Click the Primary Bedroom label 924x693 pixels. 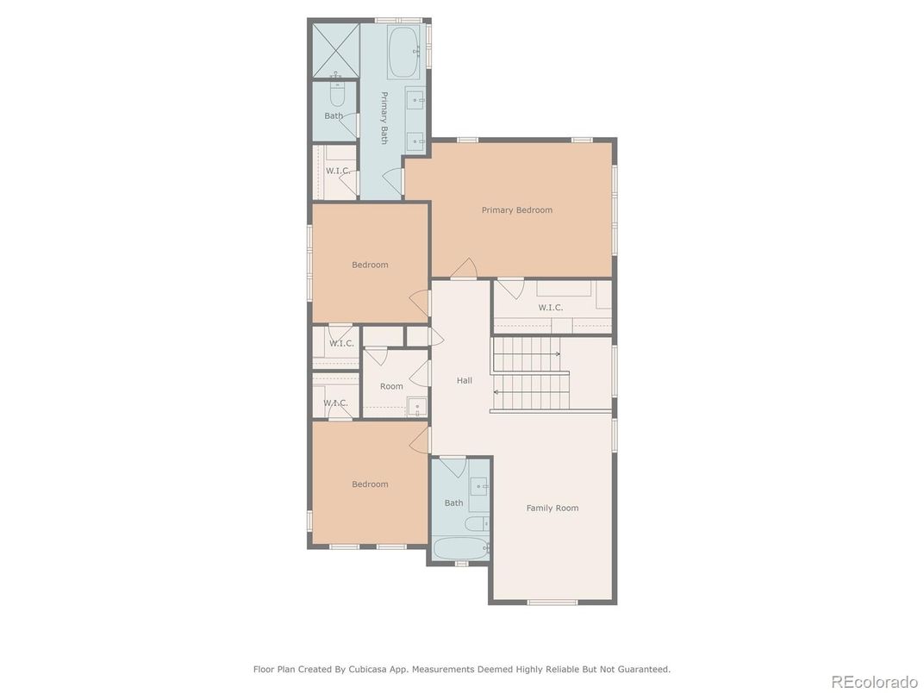(x=517, y=209)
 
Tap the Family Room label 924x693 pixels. (x=553, y=508)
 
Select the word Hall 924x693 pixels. (x=465, y=381)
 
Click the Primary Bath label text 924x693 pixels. (x=384, y=118)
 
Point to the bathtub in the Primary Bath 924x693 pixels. (x=403, y=52)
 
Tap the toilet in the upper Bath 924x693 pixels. (x=336, y=93)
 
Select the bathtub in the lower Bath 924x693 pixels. (x=461, y=548)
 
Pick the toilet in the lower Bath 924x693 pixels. (x=477, y=523)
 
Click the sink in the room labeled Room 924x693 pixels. (x=417, y=407)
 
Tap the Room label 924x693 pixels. (x=391, y=386)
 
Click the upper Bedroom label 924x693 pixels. (x=370, y=265)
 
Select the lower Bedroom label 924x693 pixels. (x=370, y=484)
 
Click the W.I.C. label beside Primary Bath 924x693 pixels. (x=338, y=171)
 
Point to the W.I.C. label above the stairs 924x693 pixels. (x=551, y=308)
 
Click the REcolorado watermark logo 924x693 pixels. (x=874, y=681)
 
